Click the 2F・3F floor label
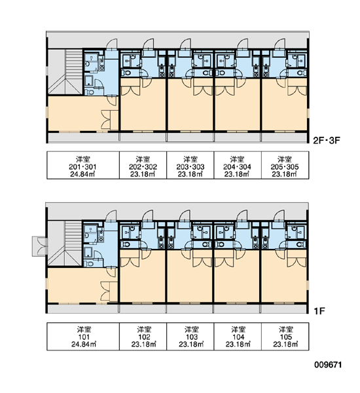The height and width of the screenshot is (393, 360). tap(327, 140)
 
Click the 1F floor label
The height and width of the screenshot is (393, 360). tap(319, 311)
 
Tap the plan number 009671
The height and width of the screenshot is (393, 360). tap(328, 364)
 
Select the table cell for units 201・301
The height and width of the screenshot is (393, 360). tap(83, 165)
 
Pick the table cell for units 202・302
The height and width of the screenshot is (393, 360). tap(143, 165)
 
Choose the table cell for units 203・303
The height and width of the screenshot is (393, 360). tap(190, 165)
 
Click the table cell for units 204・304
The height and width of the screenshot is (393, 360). tap(238, 165)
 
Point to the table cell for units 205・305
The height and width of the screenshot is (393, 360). tap(285, 165)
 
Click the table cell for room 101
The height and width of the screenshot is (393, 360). tap(83, 337)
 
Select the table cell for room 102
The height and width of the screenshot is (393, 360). tap(143, 337)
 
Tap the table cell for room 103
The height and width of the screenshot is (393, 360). tap(190, 337)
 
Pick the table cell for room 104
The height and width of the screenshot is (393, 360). tap(238, 337)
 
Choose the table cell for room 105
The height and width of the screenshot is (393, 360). tap(285, 337)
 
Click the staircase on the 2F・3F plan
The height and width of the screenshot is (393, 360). tap(65, 71)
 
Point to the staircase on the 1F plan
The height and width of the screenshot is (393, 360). tap(65, 243)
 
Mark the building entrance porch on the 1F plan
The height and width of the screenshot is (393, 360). tap(39, 246)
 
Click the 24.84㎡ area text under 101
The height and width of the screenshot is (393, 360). tap(84, 345)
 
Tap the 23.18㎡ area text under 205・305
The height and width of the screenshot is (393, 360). tap(285, 174)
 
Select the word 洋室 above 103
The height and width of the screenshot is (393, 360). tap(192, 329)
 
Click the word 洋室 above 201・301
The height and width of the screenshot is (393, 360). tap(83, 159)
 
